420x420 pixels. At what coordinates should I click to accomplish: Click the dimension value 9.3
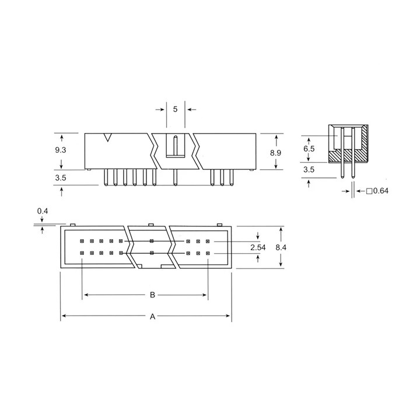61,150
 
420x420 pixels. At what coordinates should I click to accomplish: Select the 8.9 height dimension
275,153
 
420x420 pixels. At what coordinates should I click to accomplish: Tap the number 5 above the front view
175,109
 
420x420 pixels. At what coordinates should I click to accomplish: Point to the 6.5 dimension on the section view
309,149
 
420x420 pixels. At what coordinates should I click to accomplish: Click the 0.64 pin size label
380,191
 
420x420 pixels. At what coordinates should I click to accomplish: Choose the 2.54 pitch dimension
258,247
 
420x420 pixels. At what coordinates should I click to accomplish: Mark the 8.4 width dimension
281,247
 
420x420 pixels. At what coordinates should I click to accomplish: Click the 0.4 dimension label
43,211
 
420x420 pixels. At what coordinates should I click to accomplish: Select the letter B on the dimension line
152,295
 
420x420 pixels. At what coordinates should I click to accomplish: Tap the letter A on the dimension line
152,317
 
